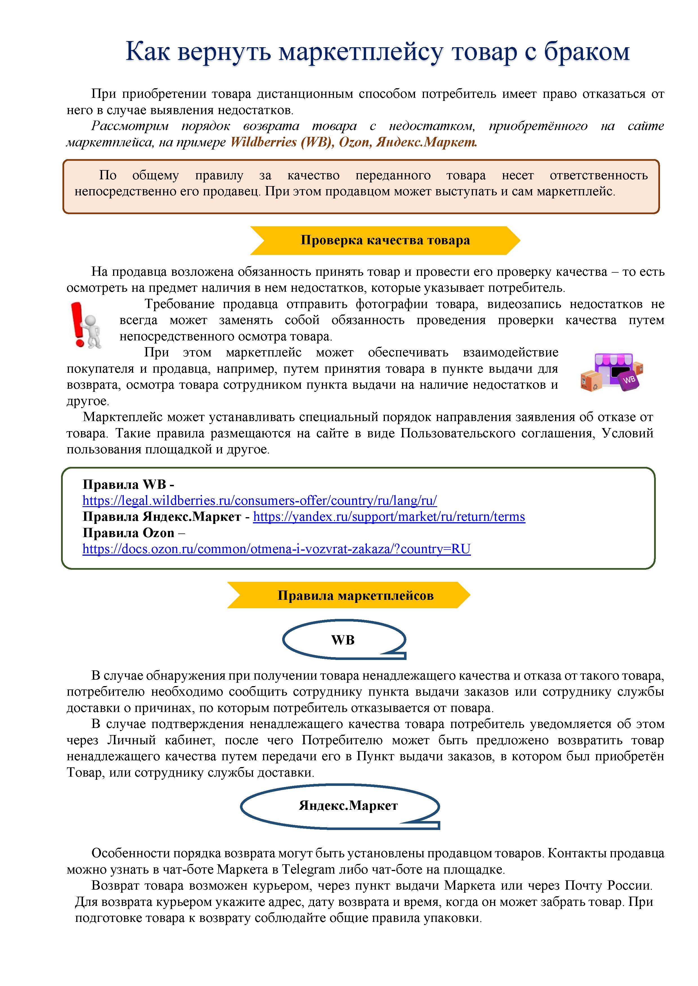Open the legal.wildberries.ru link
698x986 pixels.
coord(260,501)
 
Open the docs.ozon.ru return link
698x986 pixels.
coord(276,549)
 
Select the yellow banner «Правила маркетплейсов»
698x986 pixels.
coord(355,596)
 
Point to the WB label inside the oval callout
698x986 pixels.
coord(343,640)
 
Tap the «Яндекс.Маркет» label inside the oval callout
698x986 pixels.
coord(348,806)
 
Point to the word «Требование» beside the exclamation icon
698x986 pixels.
coord(179,304)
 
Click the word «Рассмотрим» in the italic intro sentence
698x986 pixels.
coord(130,126)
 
